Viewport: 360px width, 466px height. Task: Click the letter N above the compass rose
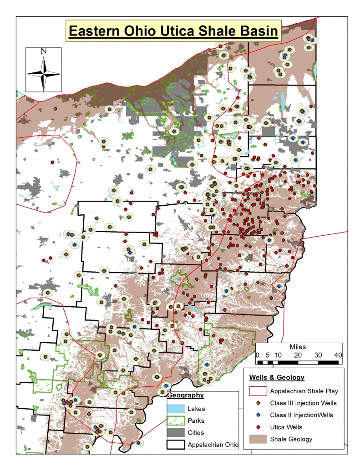(x=44, y=51)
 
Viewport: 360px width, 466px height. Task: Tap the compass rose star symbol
(x=44, y=73)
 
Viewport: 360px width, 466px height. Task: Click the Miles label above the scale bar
(x=298, y=347)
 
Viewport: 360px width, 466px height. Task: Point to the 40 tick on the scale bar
(x=338, y=355)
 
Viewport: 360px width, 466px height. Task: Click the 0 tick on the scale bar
(x=257, y=355)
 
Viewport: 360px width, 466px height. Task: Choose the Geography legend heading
(x=186, y=395)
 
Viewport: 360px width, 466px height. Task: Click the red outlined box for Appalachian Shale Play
(x=258, y=391)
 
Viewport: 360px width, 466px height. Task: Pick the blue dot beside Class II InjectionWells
(x=258, y=415)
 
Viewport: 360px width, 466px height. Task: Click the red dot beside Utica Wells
(x=258, y=427)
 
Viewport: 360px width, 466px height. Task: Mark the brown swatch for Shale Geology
(x=258, y=439)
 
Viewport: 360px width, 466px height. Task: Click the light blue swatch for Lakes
(x=176, y=409)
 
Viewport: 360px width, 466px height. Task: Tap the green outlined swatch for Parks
(x=176, y=420)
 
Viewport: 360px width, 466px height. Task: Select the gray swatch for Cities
(x=176, y=433)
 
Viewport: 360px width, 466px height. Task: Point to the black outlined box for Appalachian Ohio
(x=176, y=445)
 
